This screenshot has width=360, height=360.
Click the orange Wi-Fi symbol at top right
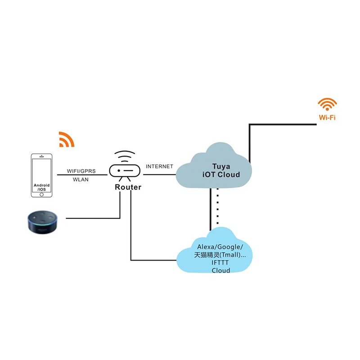[327, 104]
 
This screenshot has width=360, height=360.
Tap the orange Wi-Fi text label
[327, 119]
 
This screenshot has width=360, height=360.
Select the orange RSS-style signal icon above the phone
[66, 139]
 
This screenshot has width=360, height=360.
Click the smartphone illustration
[42, 175]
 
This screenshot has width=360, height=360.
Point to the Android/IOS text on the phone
[42, 187]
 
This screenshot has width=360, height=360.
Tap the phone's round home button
[42, 194]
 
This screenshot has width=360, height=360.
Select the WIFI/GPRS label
[82, 171]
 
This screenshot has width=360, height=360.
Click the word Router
[127, 187]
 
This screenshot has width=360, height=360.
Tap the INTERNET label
[159, 166]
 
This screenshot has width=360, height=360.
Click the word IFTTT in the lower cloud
[220, 263]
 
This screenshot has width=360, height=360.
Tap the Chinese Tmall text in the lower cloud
[220, 255]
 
